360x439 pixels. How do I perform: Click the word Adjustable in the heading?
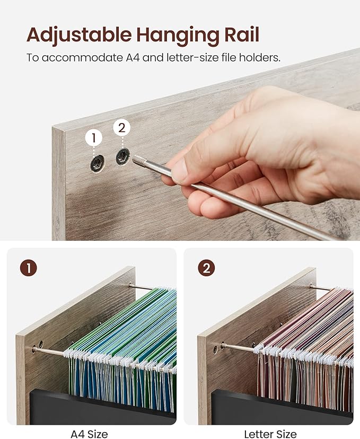[x=79, y=36]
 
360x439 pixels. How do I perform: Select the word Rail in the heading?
[x=242, y=34]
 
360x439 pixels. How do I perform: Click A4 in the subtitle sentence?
[x=133, y=58]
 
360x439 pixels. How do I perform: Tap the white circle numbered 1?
[x=94, y=138]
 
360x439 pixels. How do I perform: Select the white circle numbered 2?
[x=122, y=128]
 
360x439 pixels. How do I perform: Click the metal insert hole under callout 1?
[x=98, y=163]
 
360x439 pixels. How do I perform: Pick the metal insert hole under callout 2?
[x=123, y=156]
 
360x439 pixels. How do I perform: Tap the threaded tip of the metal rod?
[x=137, y=161]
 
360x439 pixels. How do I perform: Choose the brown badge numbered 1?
[x=29, y=268]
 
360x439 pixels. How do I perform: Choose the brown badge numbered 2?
[x=206, y=268]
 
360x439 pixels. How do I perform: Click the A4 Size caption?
[x=89, y=434]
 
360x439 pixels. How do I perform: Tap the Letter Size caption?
[x=270, y=434]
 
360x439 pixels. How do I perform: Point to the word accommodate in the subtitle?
[x=82, y=58]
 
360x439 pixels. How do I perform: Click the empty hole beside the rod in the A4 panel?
[x=41, y=344]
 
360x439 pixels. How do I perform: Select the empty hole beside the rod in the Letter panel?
[x=215, y=349]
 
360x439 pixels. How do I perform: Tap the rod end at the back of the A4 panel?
[x=130, y=286]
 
